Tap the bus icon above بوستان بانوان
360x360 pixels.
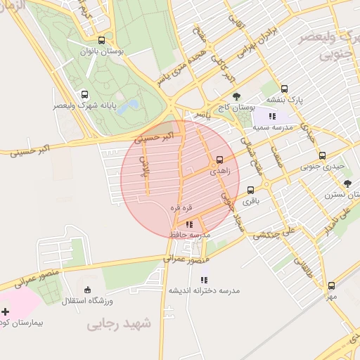[x=103, y=40]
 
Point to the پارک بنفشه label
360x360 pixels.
[x=283, y=100]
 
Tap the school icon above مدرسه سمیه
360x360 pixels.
[x=272, y=116]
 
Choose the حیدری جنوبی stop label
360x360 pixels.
[x=323, y=167]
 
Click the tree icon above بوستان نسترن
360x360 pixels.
[x=347, y=184]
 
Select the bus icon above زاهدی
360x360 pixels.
[x=221, y=160]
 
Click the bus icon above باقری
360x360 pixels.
[x=251, y=190]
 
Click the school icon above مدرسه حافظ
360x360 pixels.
[x=188, y=224]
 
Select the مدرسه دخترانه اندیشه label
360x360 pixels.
[x=204, y=290]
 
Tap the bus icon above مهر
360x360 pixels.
[x=331, y=285]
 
